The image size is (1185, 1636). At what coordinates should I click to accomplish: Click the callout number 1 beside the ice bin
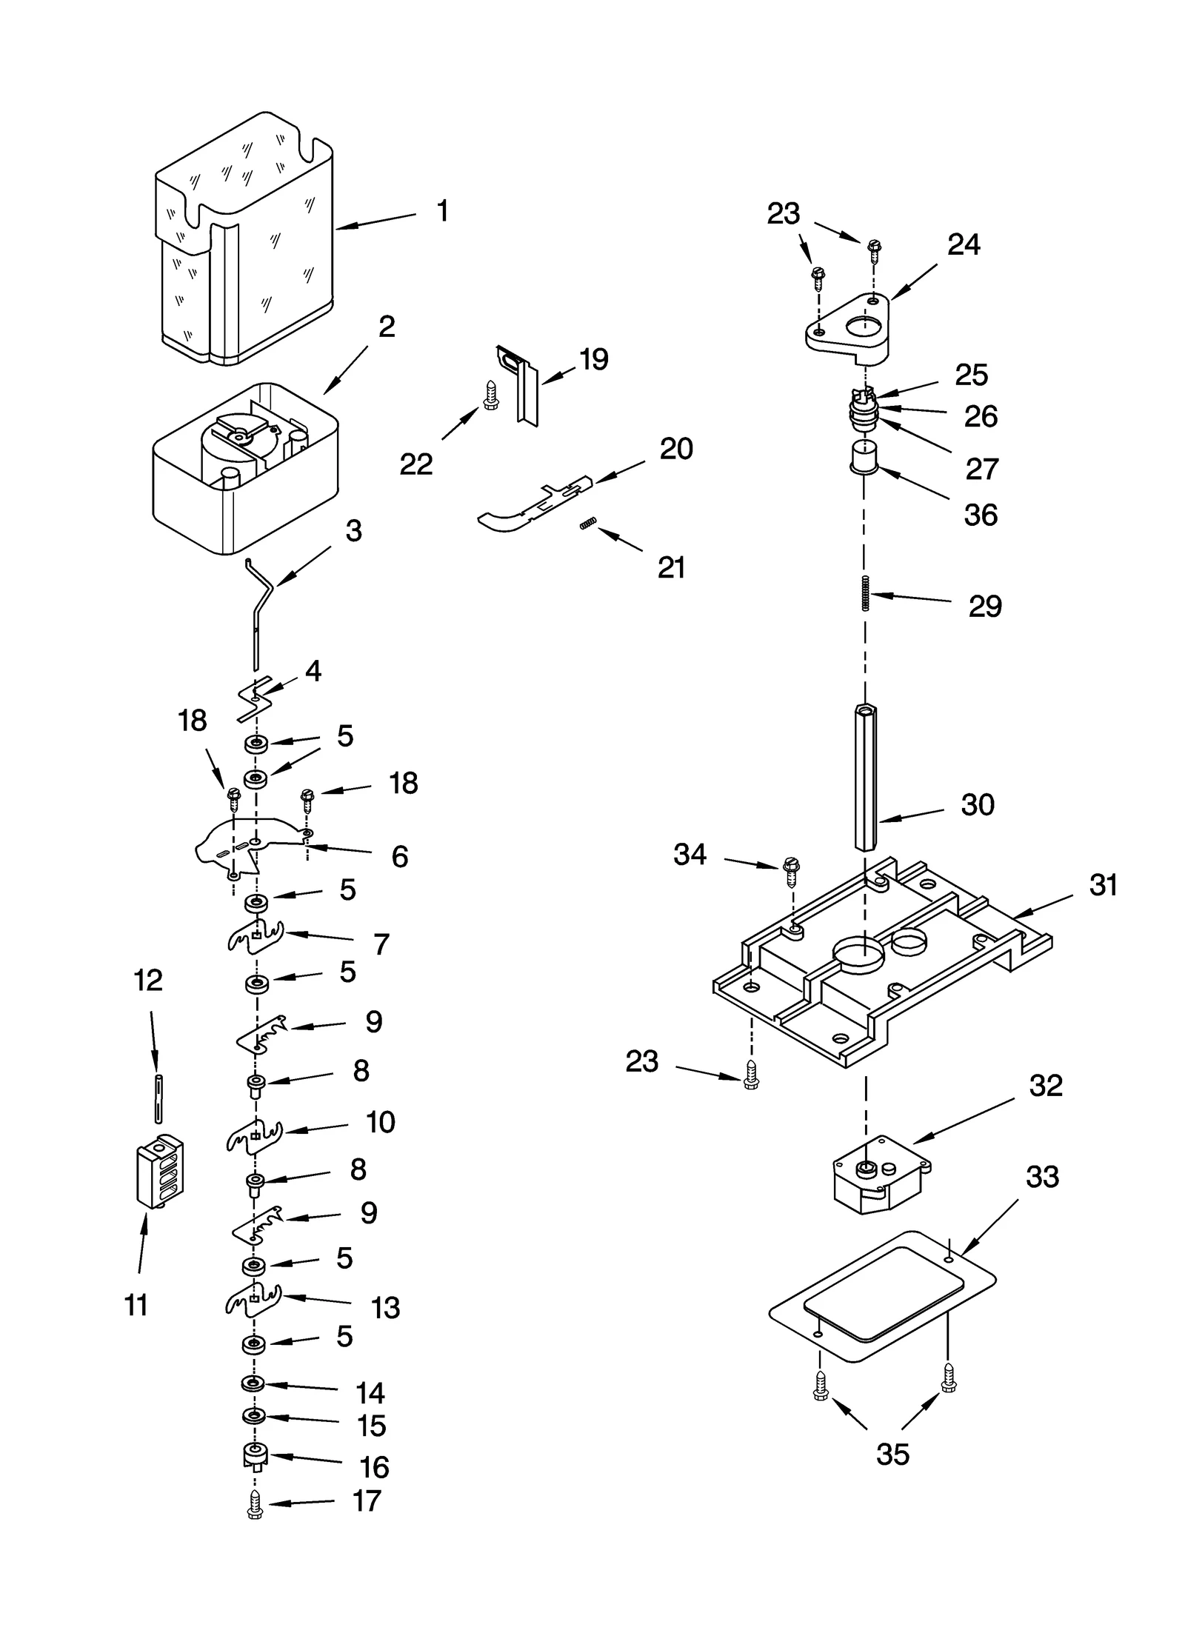coord(442,212)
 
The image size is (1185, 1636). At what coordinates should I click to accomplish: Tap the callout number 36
coord(980,515)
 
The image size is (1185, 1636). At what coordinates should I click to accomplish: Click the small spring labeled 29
coord(865,592)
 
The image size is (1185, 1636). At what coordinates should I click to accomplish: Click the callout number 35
coord(892,1455)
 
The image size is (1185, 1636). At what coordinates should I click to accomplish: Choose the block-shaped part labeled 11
coord(159,1170)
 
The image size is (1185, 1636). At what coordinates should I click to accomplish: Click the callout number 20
coord(675,449)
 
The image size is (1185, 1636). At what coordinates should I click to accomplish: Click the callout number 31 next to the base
coord(1103,885)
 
